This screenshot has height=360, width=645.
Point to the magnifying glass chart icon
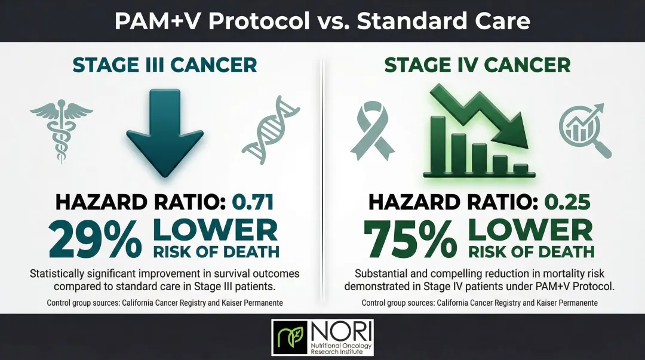pos(584,128)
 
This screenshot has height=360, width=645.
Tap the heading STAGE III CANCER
pos(165,64)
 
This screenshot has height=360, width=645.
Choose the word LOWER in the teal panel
pos(216,230)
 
